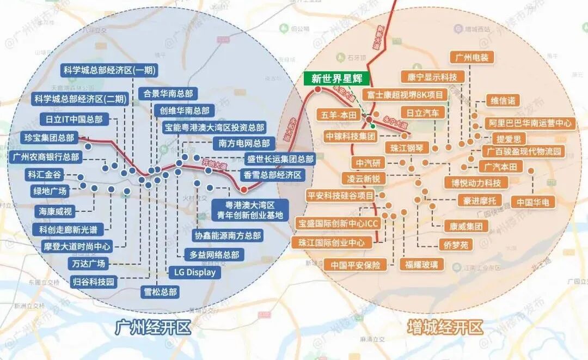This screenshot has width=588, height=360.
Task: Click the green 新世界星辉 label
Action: click(x=336, y=78)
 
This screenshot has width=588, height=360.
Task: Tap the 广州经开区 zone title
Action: click(x=153, y=328)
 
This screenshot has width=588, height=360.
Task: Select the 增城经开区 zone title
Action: click(x=445, y=328)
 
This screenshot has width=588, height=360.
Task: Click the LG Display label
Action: click(x=195, y=272)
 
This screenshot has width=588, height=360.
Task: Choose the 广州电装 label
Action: click(x=472, y=57)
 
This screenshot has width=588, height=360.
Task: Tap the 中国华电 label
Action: click(x=533, y=202)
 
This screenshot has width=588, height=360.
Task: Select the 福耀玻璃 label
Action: click(x=421, y=265)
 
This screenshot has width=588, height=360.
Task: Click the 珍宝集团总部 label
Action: click(x=49, y=137)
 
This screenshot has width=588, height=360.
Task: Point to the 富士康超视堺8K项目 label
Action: click(x=406, y=95)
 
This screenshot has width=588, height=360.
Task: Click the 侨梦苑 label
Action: click(x=456, y=245)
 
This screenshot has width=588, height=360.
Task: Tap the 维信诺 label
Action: click(x=503, y=100)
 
